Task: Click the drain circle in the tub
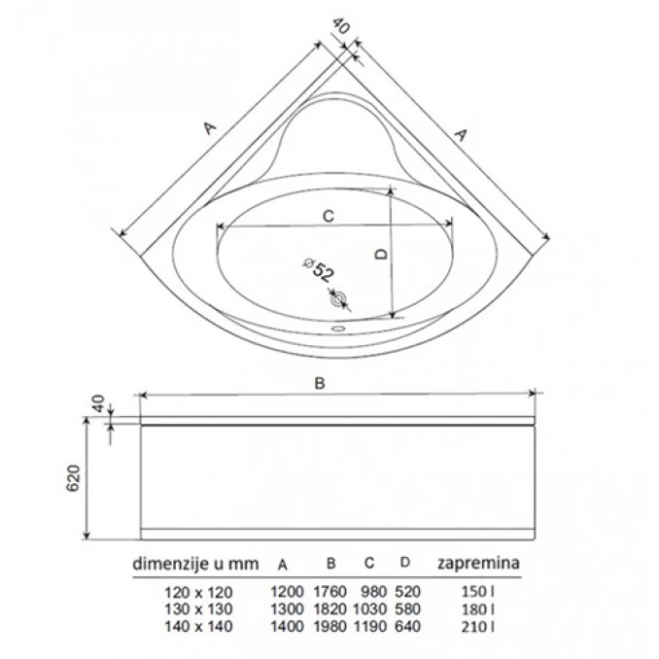click(x=338, y=299)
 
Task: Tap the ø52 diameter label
click(x=319, y=269)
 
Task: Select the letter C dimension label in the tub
click(x=328, y=216)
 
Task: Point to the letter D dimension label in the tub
click(x=381, y=254)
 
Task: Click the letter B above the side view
click(x=320, y=383)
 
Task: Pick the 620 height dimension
click(x=74, y=478)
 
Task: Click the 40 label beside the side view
click(x=97, y=403)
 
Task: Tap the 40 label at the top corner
click(x=340, y=26)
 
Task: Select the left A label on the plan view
click(x=210, y=127)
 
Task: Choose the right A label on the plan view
click(x=461, y=135)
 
